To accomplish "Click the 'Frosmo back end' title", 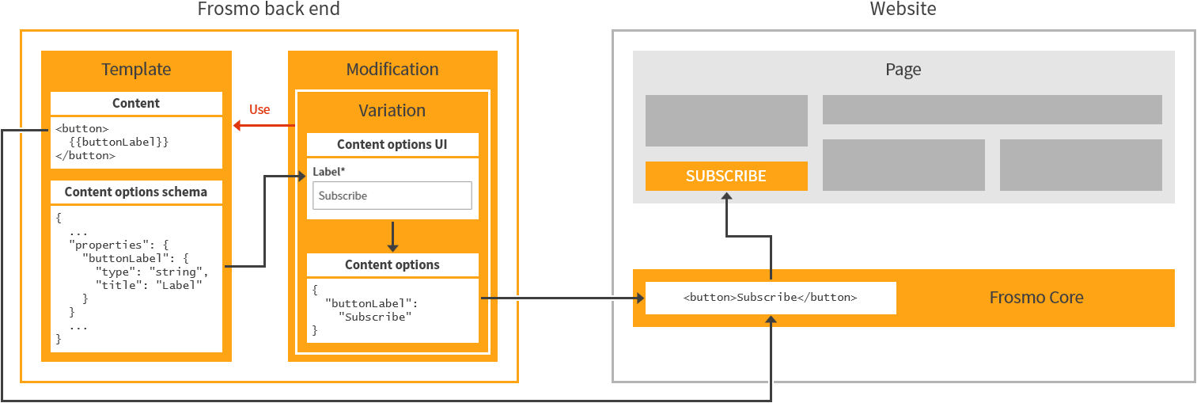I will coord(269,10).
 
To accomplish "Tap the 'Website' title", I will coord(903,10).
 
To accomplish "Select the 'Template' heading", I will coord(136,70).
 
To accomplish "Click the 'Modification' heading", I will coord(392,70).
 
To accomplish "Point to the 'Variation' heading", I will coord(392,111).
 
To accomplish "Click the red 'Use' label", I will coord(259,109).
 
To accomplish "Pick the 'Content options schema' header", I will coord(136,192).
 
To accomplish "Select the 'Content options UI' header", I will coord(392,144).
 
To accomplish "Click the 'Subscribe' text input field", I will coord(392,196).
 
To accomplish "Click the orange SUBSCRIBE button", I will coord(726,176).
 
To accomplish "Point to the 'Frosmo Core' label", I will coord(1036,298).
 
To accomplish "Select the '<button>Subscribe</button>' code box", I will coord(771,298).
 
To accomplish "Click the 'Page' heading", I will coord(903,70).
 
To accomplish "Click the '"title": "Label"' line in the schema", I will coord(149,285).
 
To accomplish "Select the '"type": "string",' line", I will coord(151,272).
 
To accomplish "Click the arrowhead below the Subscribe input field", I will coord(392,247).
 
